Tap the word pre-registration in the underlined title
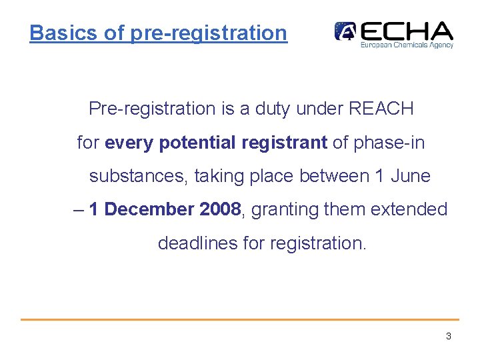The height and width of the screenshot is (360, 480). [x=209, y=33]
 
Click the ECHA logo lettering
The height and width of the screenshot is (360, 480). [x=407, y=31]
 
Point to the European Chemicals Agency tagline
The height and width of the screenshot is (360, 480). [x=407, y=45]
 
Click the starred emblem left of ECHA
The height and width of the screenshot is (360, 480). [x=345, y=31]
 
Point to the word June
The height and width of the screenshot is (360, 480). [x=411, y=176]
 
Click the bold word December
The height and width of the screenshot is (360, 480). [x=149, y=209]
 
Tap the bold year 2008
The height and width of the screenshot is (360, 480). [x=220, y=209]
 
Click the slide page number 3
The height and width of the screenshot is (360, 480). [x=449, y=336]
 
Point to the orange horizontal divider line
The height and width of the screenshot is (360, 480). [x=240, y=319]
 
